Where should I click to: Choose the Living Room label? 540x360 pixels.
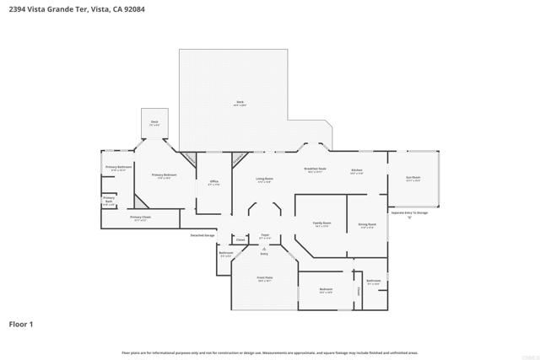[263, 180]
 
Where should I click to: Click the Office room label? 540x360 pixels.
[213, 182]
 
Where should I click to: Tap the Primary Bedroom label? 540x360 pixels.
[162, 176]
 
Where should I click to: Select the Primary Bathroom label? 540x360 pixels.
[118, 168]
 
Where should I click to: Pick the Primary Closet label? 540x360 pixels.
[140, 218]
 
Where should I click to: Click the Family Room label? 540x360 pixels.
[321, 224]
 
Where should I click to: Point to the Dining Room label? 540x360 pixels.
[368, 225]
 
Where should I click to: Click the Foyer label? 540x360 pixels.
[264, 236]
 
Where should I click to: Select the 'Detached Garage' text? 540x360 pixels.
[202, 235]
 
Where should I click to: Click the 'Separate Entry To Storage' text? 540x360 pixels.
[409, 212]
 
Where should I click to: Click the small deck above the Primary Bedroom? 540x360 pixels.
[154, 123]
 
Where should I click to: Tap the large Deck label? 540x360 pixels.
[240, 104]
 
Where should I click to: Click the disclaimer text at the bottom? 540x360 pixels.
[270, 352]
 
